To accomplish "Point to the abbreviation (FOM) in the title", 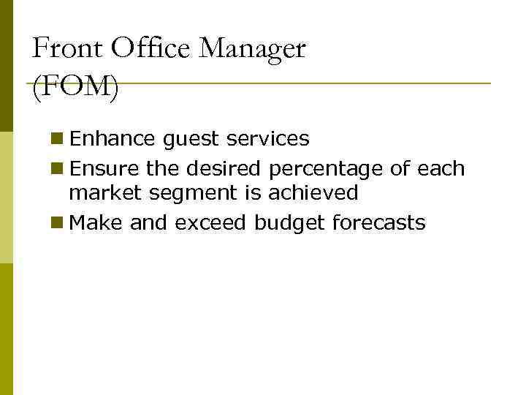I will point(75,89).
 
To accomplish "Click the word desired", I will point(226,169).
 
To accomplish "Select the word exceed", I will point(211,223).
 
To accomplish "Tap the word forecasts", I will point(378,223).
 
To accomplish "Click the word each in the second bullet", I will point(441,169).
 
